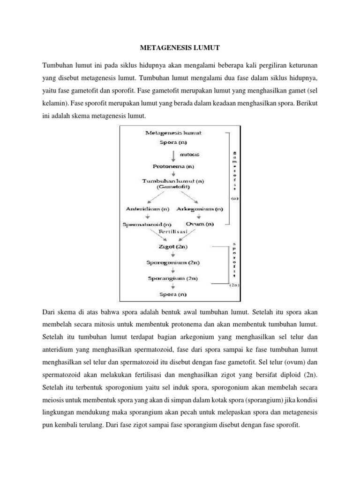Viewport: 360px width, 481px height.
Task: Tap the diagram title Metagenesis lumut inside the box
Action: point(174,132)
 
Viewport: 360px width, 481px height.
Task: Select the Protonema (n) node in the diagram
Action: point(174,166)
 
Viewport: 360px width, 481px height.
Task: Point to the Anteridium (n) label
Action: point(147,209)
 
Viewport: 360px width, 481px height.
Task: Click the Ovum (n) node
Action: point(200,224)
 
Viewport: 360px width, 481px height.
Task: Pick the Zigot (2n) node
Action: point(174,246)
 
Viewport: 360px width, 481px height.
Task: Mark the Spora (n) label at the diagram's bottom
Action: point(174,295)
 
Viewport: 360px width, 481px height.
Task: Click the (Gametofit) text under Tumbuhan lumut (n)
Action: point(174,187)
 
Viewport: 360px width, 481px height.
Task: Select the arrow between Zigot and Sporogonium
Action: point(174,254)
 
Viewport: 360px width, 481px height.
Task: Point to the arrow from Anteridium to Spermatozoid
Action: point(147,217)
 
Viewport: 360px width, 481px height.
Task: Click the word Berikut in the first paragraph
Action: point(306,102)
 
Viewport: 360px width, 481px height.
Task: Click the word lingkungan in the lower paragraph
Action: point(60,411)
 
